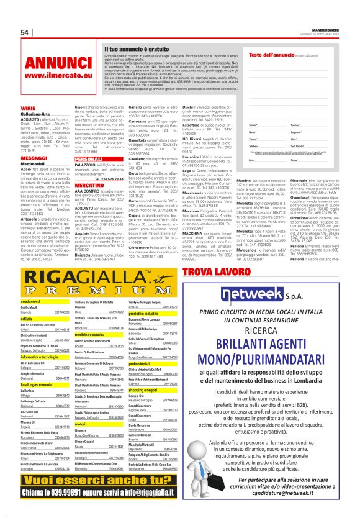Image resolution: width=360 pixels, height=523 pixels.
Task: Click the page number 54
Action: tap(25, 32)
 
